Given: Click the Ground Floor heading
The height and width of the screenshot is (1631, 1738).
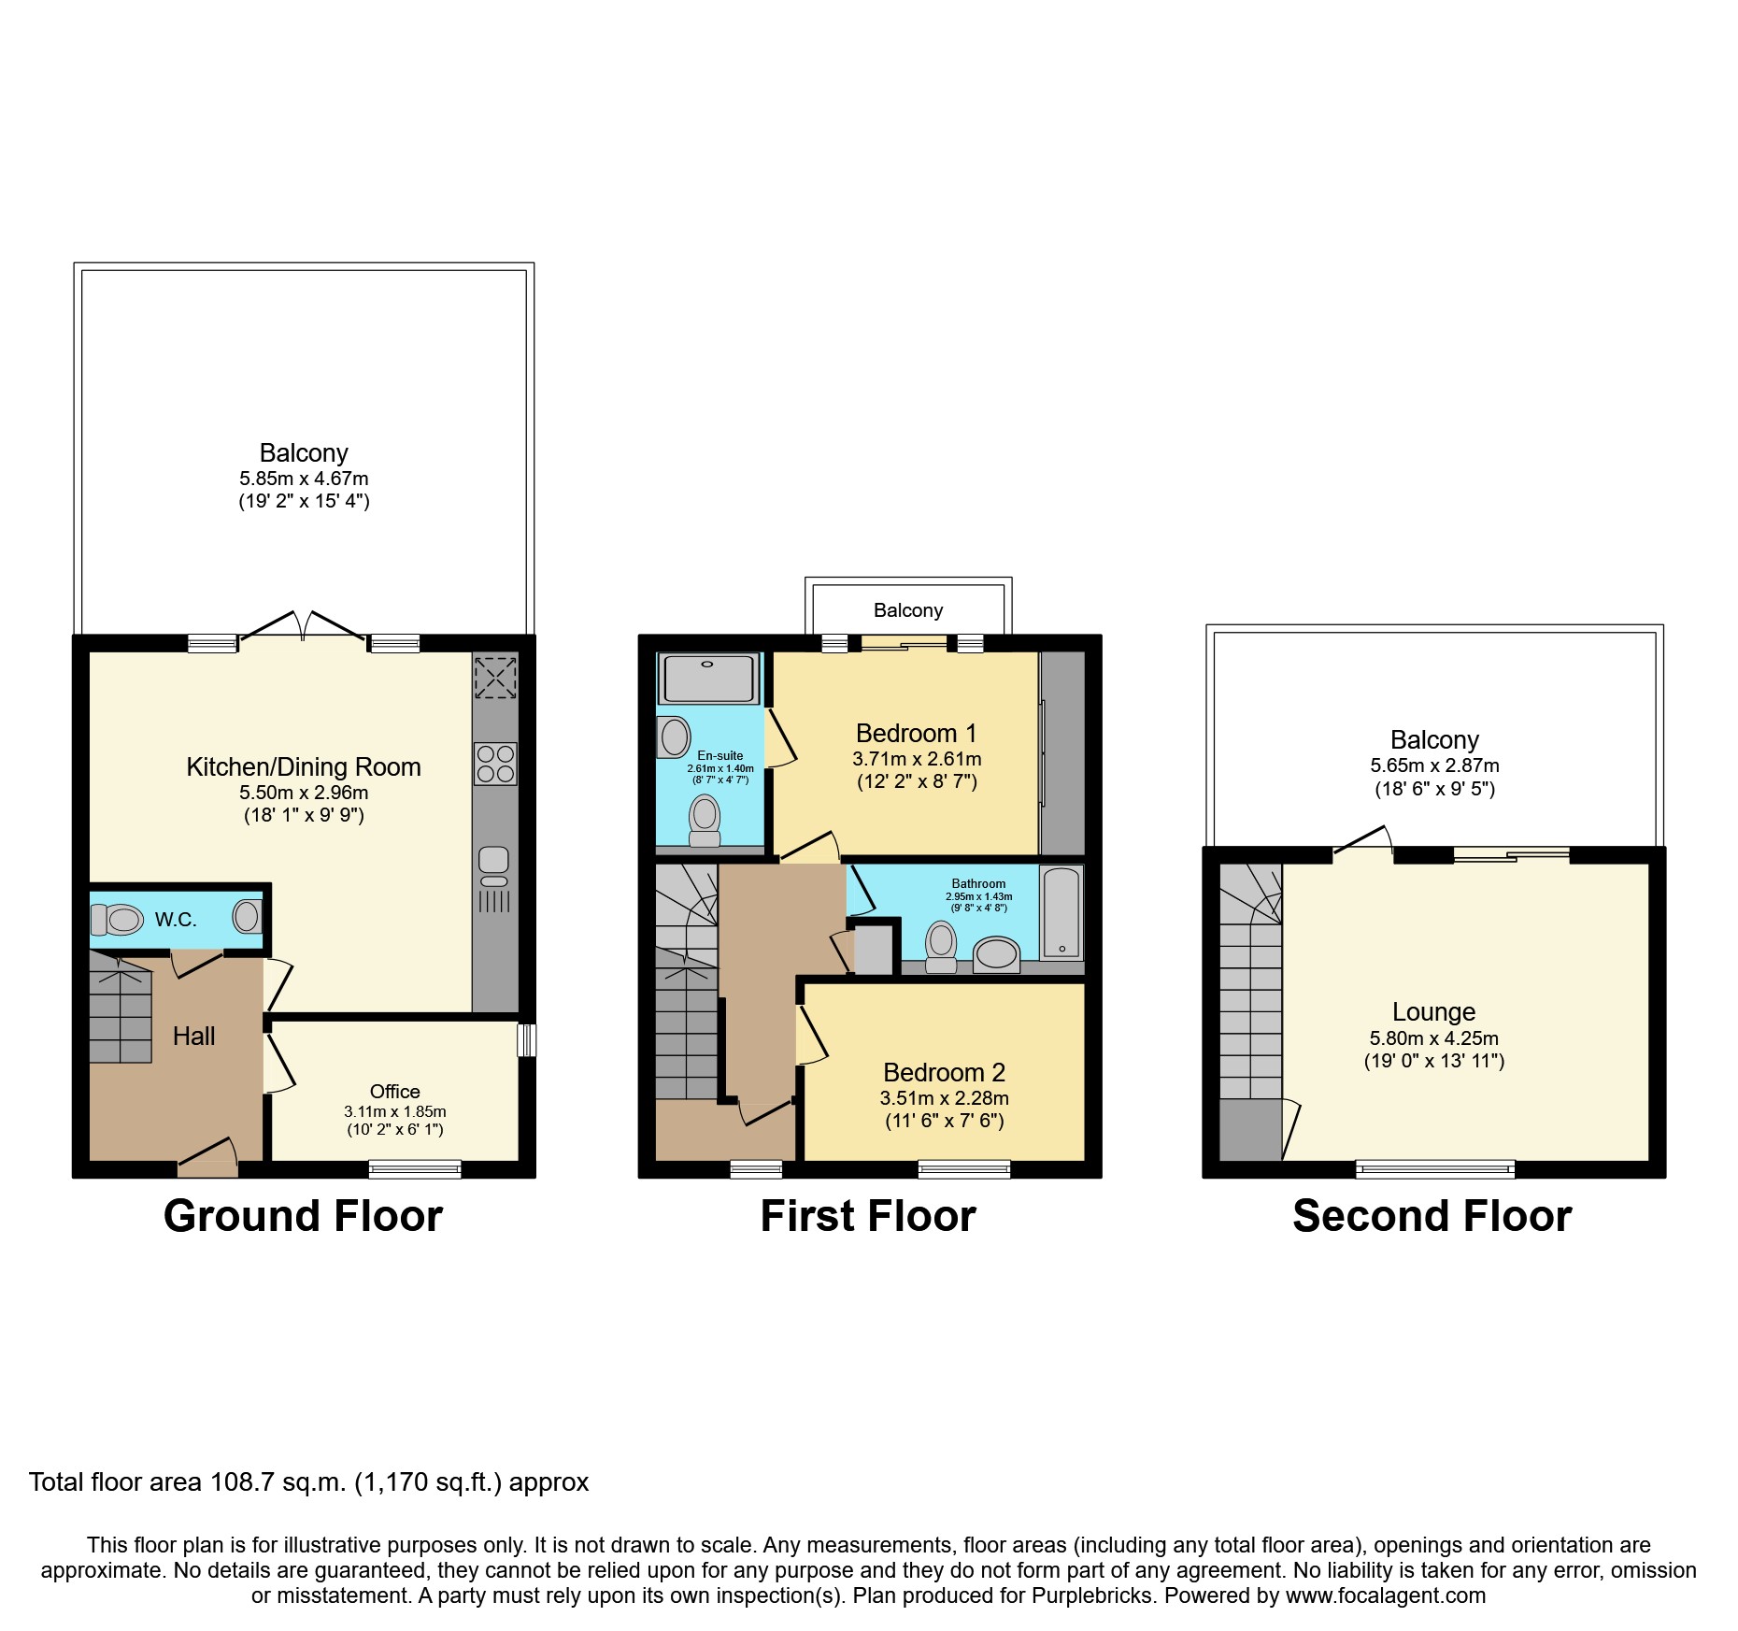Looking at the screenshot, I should (303, 1216).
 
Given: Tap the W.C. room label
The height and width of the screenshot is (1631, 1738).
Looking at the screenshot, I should (176, 920).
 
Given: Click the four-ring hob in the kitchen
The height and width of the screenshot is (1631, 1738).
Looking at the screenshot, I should (495, 764).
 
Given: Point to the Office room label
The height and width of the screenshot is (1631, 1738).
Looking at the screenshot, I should (394, 1092).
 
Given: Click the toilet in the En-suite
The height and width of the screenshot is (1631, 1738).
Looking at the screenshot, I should (705, 820).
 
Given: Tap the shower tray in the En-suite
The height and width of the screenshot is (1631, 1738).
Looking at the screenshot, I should (708, 679).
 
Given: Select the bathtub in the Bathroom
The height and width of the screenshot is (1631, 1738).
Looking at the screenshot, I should (1061, 912).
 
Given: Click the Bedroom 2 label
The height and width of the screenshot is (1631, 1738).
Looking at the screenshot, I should (944, 1072).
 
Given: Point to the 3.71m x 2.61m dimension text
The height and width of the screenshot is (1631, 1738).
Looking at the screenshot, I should (917, 759).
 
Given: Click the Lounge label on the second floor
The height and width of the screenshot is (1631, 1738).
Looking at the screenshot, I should (1433, 1012).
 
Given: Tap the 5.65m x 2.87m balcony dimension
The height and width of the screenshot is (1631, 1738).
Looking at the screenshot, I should (1434, 765).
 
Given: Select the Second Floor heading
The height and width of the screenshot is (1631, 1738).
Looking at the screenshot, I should (1432, 1216).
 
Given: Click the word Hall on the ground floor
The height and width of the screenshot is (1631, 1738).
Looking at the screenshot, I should (193, 1036).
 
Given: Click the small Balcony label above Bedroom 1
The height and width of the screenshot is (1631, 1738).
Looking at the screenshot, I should (907, 610).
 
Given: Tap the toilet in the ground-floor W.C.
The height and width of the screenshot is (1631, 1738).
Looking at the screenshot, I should (119, 920).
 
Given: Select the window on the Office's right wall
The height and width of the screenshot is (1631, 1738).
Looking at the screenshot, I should (527, 1040).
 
